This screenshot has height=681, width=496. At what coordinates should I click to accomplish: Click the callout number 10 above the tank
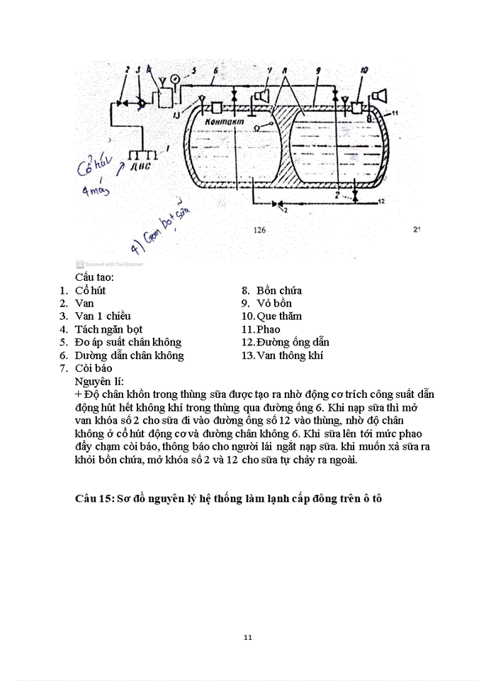tap(363, 70)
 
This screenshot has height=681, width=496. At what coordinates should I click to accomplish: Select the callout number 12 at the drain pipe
tap(381, 201)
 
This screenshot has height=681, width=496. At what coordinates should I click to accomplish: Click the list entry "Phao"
tap(269, 329)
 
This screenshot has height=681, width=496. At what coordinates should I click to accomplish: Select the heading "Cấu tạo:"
tap(95, 277)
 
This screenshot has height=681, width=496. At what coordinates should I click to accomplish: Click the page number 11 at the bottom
tap(247, 637)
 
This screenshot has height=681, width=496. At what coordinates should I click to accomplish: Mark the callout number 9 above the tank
tap(319, 70)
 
